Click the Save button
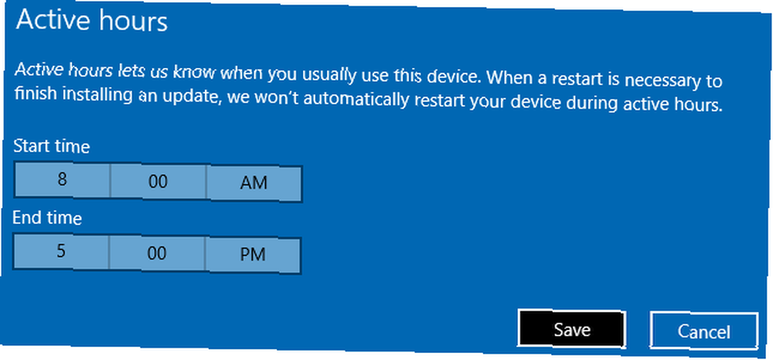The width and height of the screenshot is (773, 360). click(x=572, y=328)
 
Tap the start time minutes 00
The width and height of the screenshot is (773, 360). click(x=158, y=182)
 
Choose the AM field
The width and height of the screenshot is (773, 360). click(x=254, y=184)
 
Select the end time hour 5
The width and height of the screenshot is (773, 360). click(x=61, y=252)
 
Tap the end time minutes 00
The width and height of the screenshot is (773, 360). click(x=157, y=253)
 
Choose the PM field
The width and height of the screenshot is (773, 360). click(x=253, y=255)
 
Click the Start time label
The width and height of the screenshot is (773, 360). click(x=51, y=146)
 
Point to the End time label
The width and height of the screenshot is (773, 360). click(x=47, y=217)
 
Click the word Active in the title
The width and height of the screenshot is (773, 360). click(x=46, y=21)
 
